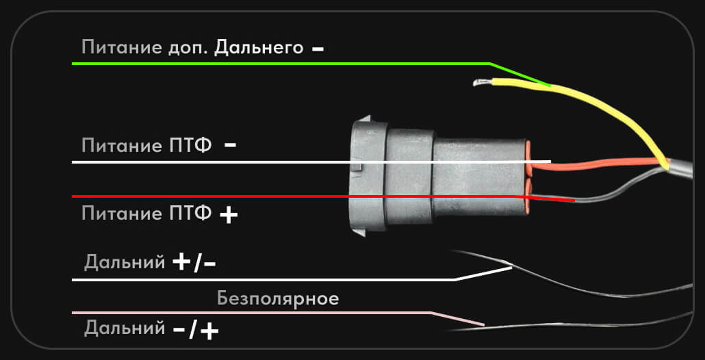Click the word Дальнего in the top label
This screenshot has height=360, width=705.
tap(259, 49)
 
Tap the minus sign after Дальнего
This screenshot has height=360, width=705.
tap(318, 49)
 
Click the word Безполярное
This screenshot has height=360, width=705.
tap(278, 299)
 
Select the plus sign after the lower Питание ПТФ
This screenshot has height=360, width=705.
tap(229, 215)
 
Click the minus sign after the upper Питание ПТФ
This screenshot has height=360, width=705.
tap(230, 145)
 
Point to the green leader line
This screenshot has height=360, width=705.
tap(274, 64)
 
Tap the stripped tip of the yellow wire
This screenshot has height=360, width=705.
tap(480, 83)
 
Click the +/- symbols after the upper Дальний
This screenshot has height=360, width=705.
tap(195, 263)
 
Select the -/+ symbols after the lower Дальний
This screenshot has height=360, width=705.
tap(196, 331)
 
